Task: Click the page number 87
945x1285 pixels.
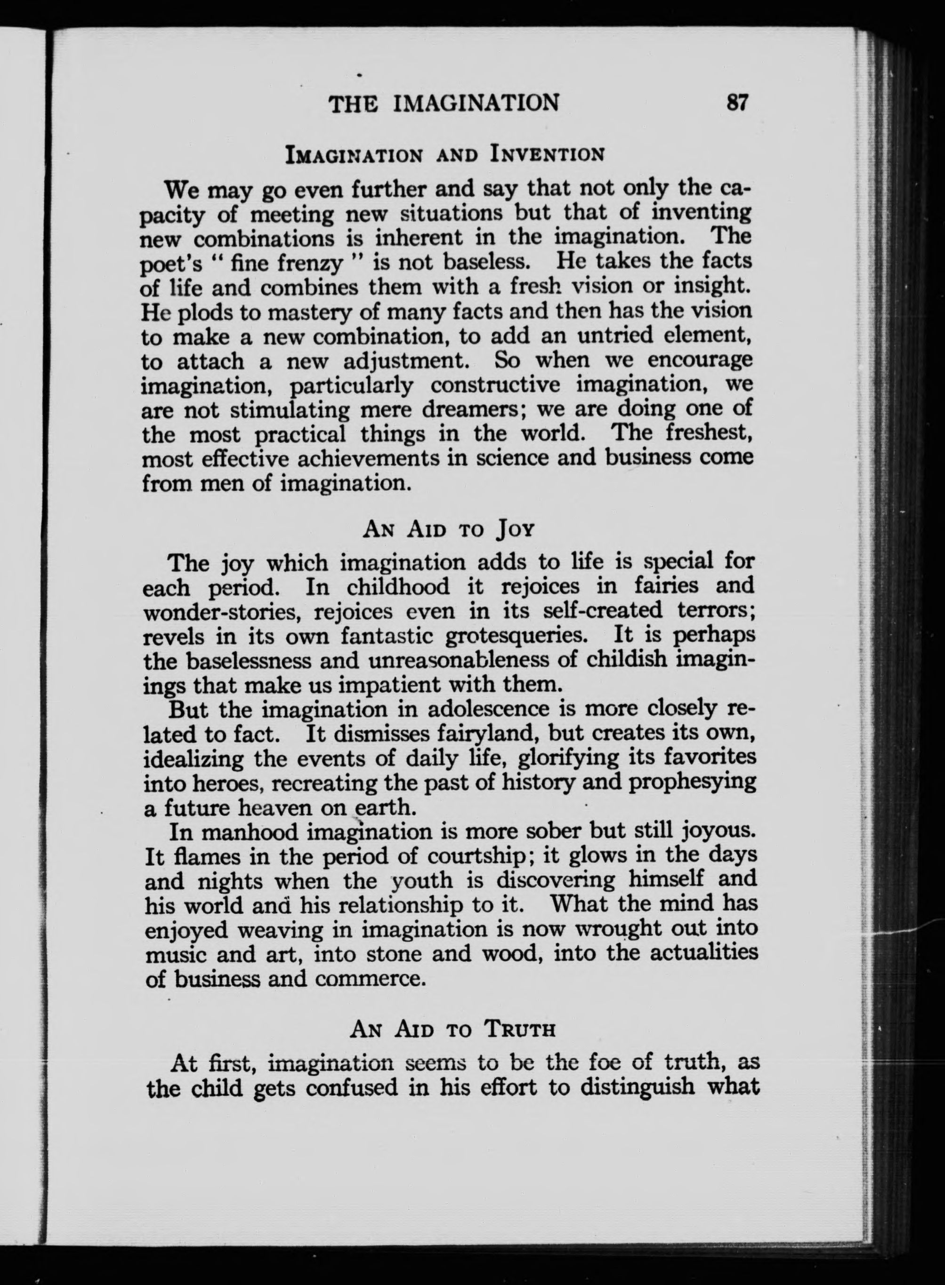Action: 737,103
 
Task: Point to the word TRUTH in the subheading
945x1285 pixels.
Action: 519,1030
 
